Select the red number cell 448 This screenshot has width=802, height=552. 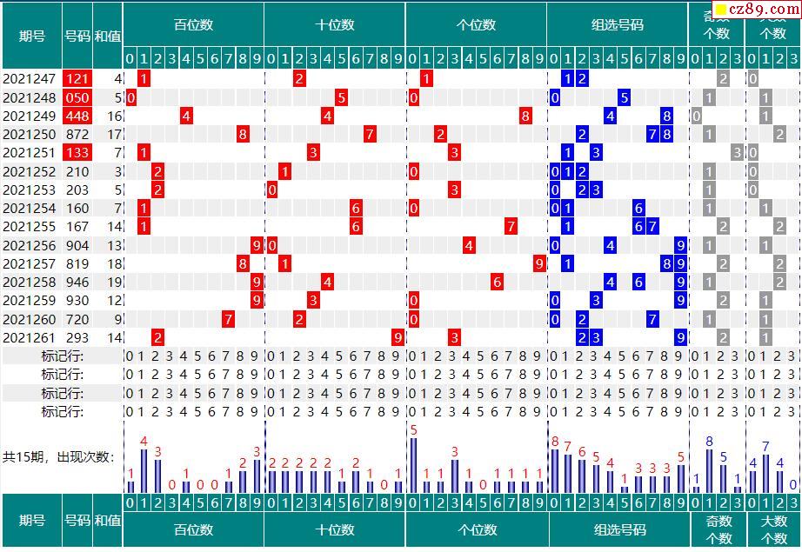click(77, 116)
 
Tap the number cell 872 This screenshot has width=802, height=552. click(77, 135)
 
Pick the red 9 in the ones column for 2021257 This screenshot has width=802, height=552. click(539, 263)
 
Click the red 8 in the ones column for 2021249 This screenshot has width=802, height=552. click(525, 116)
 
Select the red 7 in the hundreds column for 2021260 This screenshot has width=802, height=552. click(229, 319)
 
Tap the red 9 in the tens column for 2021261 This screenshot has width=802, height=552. click(398, 337)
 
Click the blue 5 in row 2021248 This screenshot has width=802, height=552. click(625, 97)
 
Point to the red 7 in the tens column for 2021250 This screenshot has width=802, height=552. click(370, 135)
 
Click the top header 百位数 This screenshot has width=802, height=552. click(193, 25)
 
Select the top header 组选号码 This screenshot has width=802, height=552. click(618, 25)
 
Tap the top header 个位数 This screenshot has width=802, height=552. click(476, 25)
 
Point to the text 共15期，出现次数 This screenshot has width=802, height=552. click(58, 456)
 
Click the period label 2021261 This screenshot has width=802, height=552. click(30, 337)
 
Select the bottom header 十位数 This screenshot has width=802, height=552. click(335, 529)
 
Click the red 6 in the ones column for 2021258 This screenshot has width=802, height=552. click(497, 283)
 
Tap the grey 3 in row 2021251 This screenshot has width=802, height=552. click(736, 153)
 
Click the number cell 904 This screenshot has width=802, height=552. click(77, 245)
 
